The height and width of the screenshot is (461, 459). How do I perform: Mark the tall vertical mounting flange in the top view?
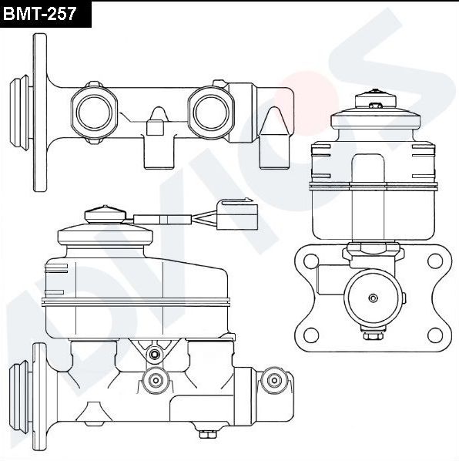click(38, 113)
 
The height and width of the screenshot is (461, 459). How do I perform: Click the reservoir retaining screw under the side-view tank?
click(156, 354)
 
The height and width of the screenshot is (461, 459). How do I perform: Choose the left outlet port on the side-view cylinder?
click(156, 379)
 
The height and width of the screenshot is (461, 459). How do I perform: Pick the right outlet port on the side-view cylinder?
click(272, 379)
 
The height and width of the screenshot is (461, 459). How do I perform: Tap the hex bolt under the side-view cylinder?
click(206, 434)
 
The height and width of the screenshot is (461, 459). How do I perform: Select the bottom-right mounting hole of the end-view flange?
click(434, 335)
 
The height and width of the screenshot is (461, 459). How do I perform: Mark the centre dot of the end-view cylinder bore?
click(373, 298)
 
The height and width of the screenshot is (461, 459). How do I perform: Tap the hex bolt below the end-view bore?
click(373, 334)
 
